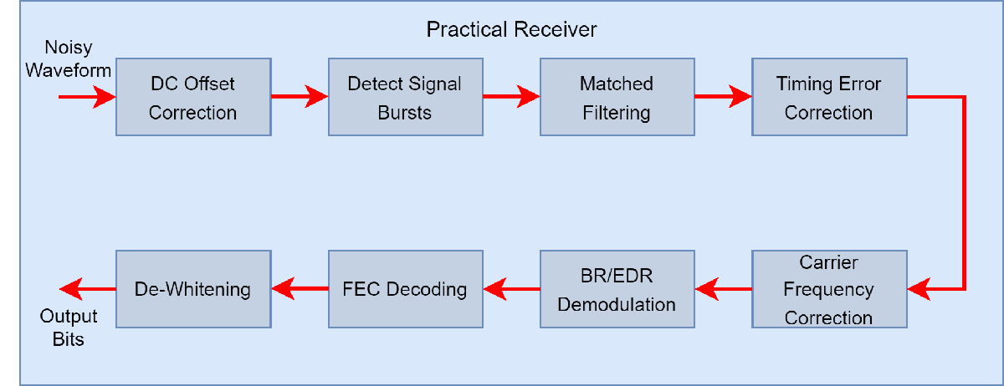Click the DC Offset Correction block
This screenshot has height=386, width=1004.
coord(192,98)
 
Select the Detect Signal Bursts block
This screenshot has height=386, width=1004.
coord(404,98)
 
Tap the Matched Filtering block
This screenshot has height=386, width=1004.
coord(616,98)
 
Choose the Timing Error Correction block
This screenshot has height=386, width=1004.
coord(828,98)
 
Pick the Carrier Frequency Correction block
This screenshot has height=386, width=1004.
coord(828,289)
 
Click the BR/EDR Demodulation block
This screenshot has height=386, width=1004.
coord(616,289)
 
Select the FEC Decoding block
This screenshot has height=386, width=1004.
coord(404,289)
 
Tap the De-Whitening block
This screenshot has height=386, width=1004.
coord(192,289)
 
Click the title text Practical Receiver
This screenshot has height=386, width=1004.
coord(511,30)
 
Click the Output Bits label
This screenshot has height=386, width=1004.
coord(69,328)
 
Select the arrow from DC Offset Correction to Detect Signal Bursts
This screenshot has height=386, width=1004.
coord(300,97)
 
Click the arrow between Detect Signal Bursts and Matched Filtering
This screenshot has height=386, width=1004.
coord(511,97)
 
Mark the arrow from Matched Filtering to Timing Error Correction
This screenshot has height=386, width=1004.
coord(723,97)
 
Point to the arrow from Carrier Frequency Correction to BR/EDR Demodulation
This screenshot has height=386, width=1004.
coord(723,290)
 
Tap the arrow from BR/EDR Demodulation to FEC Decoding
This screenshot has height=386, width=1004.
coord(511,290)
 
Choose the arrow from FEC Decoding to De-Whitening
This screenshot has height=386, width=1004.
coord(300,290)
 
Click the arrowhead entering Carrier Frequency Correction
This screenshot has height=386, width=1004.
coord(920,290)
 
